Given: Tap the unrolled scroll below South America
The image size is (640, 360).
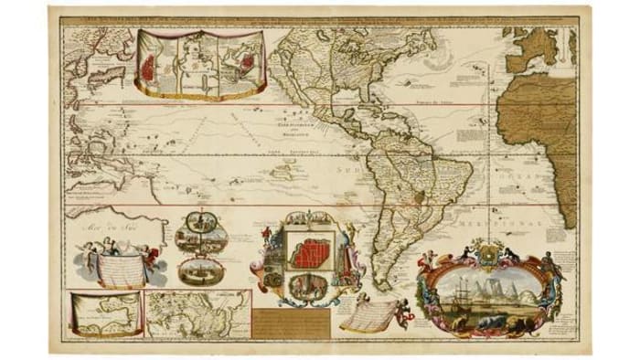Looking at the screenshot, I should (x=370, y=315).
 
